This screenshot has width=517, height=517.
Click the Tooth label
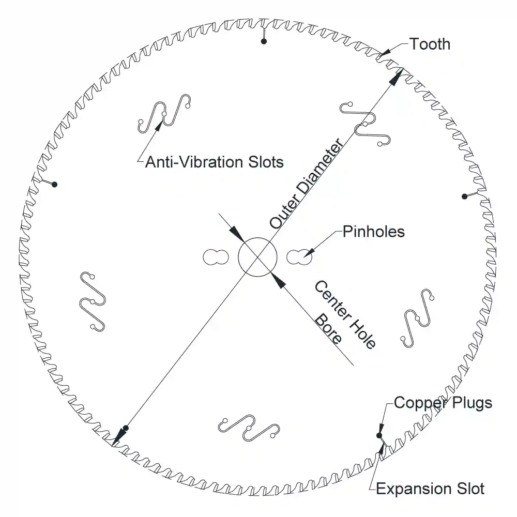[430, 44]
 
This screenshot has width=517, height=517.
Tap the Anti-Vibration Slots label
[215, 162]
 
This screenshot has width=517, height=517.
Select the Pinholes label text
[374, 232]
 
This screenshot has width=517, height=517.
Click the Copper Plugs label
[443, 403]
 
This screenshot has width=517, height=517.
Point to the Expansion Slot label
[430, 489]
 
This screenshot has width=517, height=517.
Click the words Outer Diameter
[306, 184]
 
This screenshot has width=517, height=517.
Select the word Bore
[328, 329]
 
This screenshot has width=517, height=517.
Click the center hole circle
[257, 257]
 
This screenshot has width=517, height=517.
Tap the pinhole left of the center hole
[216, 257]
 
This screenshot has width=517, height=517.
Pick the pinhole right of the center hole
[299, 257]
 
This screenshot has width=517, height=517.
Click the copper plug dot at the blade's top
[264, 41]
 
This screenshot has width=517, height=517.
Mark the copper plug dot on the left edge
[55, 185]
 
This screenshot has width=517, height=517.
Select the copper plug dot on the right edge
[465, 196]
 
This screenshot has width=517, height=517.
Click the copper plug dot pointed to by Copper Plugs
[379, 435]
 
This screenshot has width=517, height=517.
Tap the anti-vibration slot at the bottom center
[249, 428]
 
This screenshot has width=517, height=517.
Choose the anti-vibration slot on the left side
[93, 301]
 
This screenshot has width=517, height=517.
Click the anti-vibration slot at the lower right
[417, 318]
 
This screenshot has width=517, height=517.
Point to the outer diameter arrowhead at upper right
[396, 77]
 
